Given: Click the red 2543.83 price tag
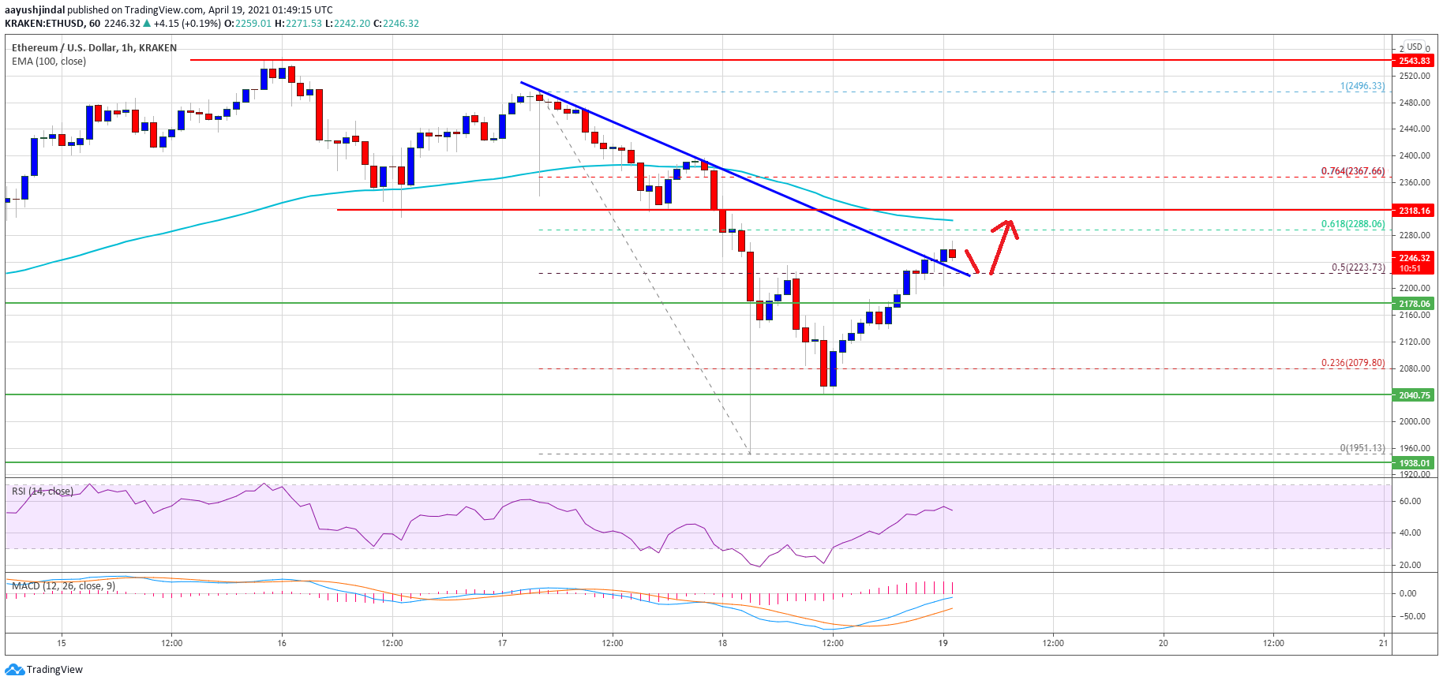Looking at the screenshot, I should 1414,61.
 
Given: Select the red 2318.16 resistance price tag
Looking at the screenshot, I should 1414,211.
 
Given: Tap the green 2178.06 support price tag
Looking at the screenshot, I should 1414,304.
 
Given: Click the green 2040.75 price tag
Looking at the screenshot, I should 1414,395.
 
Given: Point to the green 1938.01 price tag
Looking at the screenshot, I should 1414,463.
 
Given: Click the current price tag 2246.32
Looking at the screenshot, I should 1414,258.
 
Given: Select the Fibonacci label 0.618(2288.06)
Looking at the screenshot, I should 1352,224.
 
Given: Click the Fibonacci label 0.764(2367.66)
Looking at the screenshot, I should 1352,171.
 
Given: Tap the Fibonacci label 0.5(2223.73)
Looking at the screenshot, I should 1358,267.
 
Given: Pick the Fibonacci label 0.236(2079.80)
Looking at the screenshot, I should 1352,363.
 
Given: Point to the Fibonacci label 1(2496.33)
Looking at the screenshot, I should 1362,86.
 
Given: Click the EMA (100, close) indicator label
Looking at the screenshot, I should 49,62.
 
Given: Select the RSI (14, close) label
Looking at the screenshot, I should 43,492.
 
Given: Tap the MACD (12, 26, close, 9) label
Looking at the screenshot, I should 63,586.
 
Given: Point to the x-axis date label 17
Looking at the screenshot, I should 502,643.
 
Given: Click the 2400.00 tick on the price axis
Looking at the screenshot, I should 1414,155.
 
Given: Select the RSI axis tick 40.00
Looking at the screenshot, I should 1410,533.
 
